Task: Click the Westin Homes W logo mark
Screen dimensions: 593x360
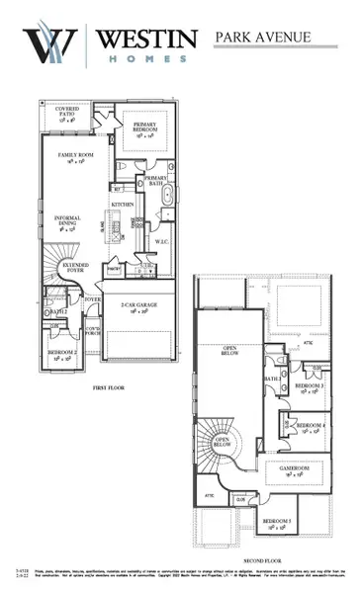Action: pyautogui.click(x=49, y=43)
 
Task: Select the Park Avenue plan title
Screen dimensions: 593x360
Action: pyautogui.click(x=263, y=38)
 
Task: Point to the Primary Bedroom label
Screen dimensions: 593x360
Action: pyautogui.click(x=147, y=127)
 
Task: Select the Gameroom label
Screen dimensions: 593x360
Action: pyautogui.click(x=296, y=470)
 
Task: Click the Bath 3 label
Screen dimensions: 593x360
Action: pyautogui.click(x=272, y=379)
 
